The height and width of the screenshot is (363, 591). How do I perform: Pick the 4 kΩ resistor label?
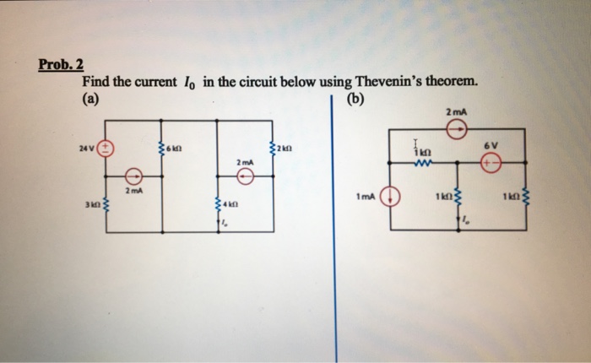click(x=228, y=205)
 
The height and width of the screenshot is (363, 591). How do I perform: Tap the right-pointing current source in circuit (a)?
click(x=133, y=176)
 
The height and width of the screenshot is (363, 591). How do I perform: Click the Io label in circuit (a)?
click(x=223, y=223)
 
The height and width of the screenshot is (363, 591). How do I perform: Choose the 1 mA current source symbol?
click(x=391, y=199)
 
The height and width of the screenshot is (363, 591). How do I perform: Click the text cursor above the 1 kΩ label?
click(x=415, y=142)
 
